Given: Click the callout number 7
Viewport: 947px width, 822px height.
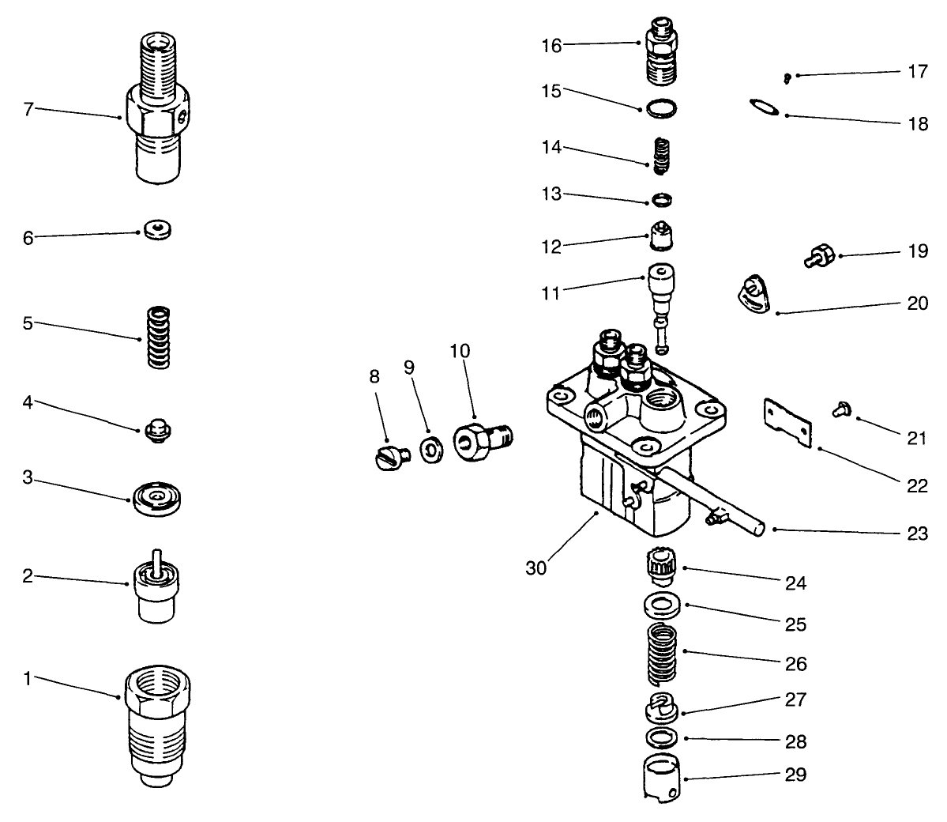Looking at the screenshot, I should click(x=28, y=108).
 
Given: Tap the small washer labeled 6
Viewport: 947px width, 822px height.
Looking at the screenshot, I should click(x=159, y=230).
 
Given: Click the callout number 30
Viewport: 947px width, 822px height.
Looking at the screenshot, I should click(x=537, y=567).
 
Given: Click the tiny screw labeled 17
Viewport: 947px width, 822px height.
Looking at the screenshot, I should click(x=787, y=77).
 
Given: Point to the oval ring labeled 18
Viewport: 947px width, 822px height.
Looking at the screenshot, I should click(x=764, y=106).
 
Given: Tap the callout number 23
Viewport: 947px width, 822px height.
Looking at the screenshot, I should click(x=917, y=534).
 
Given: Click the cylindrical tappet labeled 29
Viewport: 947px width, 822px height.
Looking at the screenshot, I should click(x=662, y=778).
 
